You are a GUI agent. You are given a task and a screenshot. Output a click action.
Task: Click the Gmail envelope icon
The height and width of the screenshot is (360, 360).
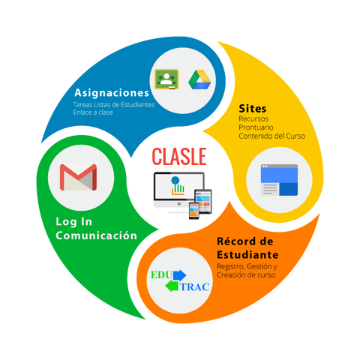click(x=78, y=177)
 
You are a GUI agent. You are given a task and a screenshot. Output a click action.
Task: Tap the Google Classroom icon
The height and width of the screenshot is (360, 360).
click(x=166, y=79)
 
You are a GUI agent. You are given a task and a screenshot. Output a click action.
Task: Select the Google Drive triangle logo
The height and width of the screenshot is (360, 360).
click(x=199, y=79)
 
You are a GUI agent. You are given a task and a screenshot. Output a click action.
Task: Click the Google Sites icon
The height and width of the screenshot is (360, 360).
click(x=279, y=180)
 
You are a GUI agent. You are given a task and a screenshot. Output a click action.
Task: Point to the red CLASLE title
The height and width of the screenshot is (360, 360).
click(x=179, y=157)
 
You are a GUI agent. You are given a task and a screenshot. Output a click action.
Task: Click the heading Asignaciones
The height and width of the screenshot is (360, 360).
click(x=112, y=93)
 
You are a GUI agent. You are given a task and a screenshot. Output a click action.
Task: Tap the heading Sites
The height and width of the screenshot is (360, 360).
click(x=253, y=109)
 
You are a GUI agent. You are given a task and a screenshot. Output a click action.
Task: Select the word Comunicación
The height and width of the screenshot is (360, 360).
click(x=97, y=235)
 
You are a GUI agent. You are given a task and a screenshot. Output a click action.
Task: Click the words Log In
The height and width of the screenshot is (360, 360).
click(x=73, y=222)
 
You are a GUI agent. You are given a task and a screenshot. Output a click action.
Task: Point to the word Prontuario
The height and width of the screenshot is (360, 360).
click(x=256, y=127)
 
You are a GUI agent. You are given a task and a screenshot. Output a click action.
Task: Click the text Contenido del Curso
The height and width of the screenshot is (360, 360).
click(x=272, y=136)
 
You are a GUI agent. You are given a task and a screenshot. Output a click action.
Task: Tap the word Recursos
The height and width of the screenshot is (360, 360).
click(x=253, y=118)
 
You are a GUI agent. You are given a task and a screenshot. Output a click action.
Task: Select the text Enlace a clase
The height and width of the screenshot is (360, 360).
click(x=93, y=112)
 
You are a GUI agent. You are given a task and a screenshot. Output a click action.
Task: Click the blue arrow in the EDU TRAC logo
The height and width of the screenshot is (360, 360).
click(x=179, y=275)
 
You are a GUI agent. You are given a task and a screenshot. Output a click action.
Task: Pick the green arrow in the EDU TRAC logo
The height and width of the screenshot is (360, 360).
click(x=172, y=286)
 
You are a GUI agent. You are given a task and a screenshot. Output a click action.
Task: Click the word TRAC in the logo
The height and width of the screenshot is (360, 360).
click(x=195, y=287)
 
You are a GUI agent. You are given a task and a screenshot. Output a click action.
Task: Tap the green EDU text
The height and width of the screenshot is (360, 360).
click(x=161, y=275)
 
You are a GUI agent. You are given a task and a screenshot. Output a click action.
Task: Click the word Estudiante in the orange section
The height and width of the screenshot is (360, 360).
click(x=247, y=255)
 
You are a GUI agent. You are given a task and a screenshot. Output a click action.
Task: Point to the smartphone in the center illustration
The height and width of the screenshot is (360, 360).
click(x=194, y=211)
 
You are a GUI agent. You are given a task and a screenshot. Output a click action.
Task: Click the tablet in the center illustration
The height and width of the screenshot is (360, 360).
click(x=203, y=202)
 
